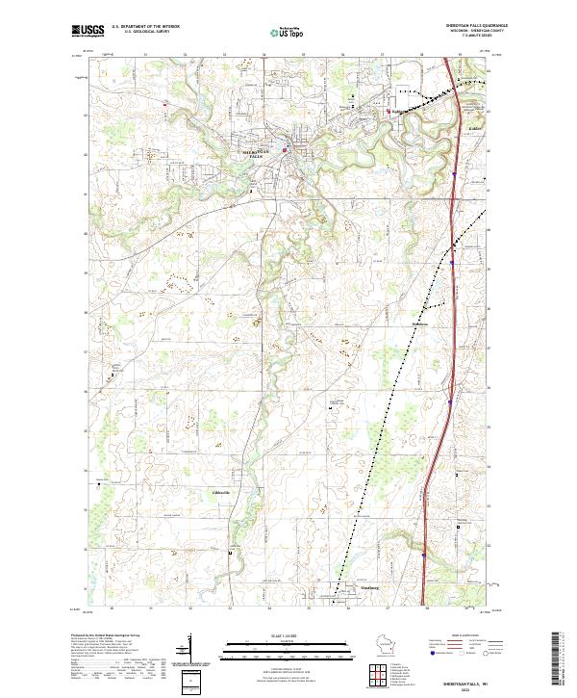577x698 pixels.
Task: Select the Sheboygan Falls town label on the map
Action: coord(260,153)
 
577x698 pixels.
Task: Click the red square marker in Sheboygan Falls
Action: coord(284,149)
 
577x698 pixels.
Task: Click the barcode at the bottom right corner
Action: coord(555,662)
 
